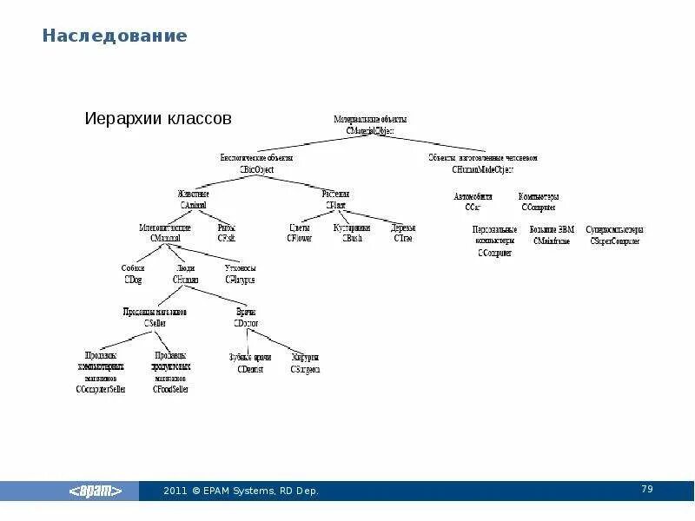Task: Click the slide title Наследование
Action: (116, 36)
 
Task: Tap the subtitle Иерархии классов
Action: (157, 117)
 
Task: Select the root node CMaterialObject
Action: (370, 125)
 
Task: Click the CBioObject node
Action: (256, 164)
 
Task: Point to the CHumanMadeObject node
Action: (482, 164)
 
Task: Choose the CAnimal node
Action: (193, 199)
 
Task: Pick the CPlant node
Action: (335, 199)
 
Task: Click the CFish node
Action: (227, 233)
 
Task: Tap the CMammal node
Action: (165, 233)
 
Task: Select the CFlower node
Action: (299, 233)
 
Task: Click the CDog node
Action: (133, 274)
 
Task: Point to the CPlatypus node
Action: (240, 274)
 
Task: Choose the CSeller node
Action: (155, 317)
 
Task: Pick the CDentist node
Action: (250, 363)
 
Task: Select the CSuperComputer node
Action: (614, 235)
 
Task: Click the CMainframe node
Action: (552, 235)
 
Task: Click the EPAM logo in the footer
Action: (102, 491)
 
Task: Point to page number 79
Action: (646, 490)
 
